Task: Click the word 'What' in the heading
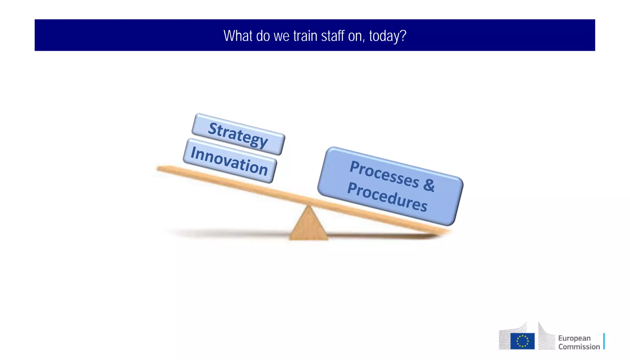point(238,36)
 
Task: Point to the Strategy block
point(238,134)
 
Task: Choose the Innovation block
point(229,161)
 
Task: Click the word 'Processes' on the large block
point(385,174)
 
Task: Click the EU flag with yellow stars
point(522,341)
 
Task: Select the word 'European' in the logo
point(574,338)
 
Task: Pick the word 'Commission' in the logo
point(579,347)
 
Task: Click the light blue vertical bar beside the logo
point(604,341)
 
